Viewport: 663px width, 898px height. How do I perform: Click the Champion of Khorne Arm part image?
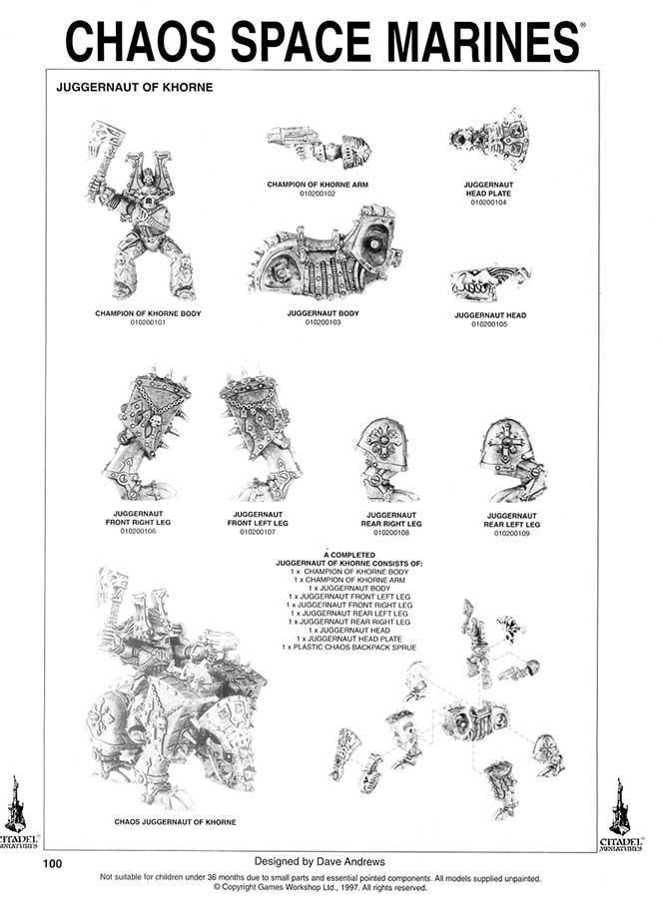click(x=319, y=149)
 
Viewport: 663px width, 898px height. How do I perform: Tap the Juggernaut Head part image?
click(x=488, y=284)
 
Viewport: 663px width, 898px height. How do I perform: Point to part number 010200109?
click(x=512, y=533)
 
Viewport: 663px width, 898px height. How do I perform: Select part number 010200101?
click(x=148, y=322)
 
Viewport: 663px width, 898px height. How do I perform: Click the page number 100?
click(x=54, y=864)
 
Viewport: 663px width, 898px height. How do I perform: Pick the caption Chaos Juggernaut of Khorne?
click(x=175, y=823)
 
